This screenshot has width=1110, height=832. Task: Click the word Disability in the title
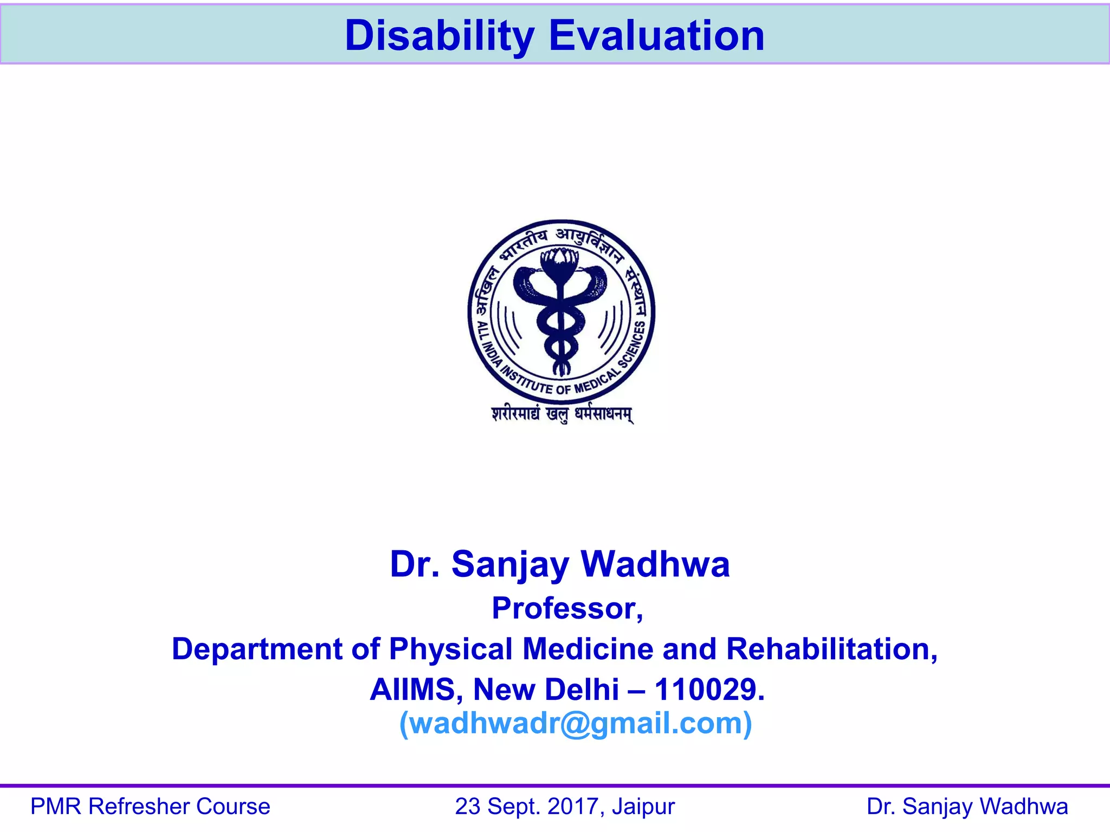click(x=440, y=36)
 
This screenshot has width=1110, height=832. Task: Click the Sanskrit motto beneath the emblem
click(x=562, y=414)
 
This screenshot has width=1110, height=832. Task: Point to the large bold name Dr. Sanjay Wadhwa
click(x=560, y=564)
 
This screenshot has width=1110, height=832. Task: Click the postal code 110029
click(x=709, y=690)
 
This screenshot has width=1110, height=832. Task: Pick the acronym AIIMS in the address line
click(x=416, y=690)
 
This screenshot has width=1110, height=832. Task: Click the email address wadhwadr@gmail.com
click(x=576, y=723)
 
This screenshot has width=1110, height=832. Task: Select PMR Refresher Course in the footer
click(x=150, y=807)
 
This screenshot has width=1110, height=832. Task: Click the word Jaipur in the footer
click(x=643, y=807)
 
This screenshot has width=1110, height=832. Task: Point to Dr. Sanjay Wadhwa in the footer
click(x=967, y=807)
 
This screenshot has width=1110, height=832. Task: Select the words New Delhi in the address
click(x=546, y=690)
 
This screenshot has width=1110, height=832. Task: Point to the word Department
click(x=257, y=649)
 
